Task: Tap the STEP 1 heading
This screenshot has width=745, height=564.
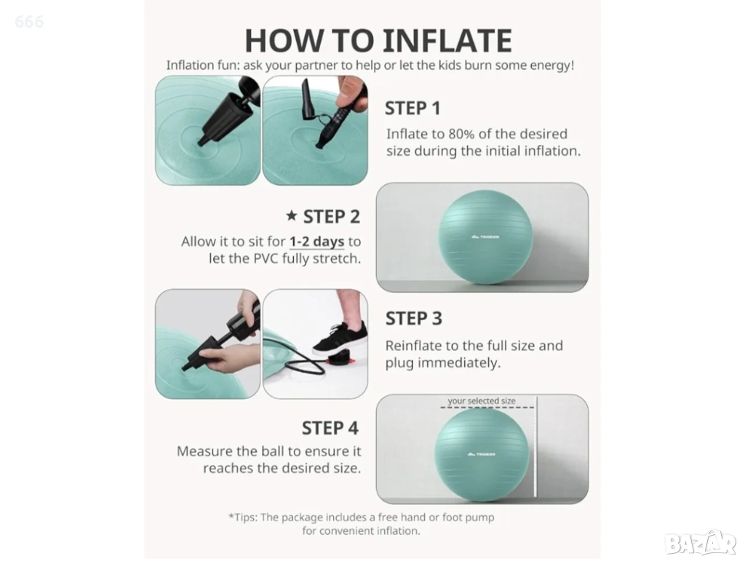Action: (413, 108)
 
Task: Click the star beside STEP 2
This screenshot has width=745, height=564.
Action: (291, 215)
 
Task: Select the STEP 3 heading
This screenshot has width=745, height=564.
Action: (413, 318)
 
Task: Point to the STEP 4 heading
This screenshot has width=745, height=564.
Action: (330, 428)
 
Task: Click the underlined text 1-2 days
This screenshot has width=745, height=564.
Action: (317, 242)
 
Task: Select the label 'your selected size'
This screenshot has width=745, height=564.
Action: (482, 400)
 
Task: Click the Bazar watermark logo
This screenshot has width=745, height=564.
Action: (701, 542)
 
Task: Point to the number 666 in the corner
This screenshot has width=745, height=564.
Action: (29, 21)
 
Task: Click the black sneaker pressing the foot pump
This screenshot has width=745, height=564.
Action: (340, 338)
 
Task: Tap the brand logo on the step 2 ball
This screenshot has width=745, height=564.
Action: (485, 237)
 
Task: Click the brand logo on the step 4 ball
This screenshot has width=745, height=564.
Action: (482, 454)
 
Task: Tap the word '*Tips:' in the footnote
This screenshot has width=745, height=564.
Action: (243, 517)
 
